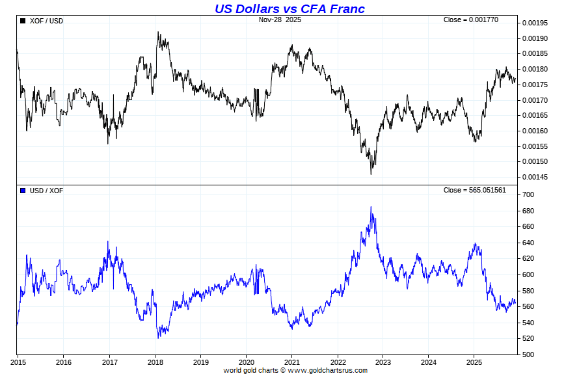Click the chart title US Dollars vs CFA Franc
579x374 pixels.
click(x=289, y=8)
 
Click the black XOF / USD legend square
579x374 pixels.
click(x=23, y=21)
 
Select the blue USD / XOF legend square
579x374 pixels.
click(x=23, y=191)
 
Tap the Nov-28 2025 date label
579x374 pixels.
click(x=280, y=20)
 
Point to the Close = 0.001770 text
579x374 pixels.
click(x=471, y=20)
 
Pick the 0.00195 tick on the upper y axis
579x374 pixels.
click(x=535, y=23)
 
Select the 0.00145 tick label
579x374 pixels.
click(x=535, y=178)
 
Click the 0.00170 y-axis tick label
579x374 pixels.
click(x=535, y=101)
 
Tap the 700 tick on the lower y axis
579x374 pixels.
click(x=528, y=195)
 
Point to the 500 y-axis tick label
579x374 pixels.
click(x=528, y=355)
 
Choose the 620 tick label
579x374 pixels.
click(x=528, y=259)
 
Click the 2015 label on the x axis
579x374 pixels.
click(x=18, y=362)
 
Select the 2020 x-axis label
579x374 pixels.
click(x=247, y=362)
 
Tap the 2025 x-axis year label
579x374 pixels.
click(x=474, y=362)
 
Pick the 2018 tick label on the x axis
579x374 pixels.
click(x=155, y=362)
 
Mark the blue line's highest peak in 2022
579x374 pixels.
click(x=371, y=207)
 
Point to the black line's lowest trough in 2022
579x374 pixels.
click(x=371, y=174)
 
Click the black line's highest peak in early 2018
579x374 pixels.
click(x=158, y=33)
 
